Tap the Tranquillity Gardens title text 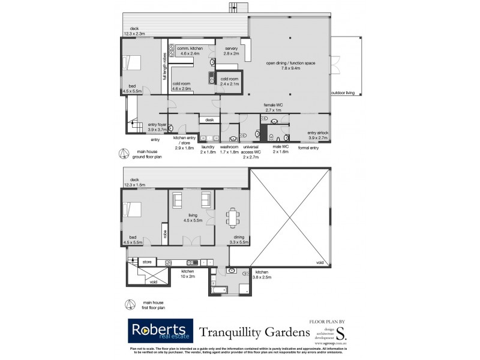[x=247, y=332]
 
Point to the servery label [x=232, y=51]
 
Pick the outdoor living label [x=343, y=93]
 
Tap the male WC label [x=281, y=149]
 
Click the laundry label [x=208, y=149]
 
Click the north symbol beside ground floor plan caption [x=123, y=153]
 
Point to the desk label [x=209, y=120]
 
